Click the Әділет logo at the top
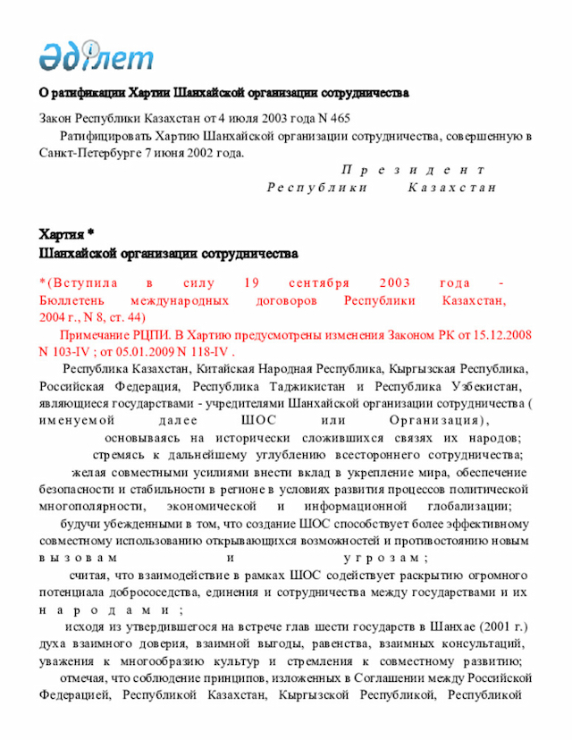tap(96, 55)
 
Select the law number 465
tap(339, 118)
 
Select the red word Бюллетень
tap(71, 300)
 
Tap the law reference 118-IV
tap(189, 351)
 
